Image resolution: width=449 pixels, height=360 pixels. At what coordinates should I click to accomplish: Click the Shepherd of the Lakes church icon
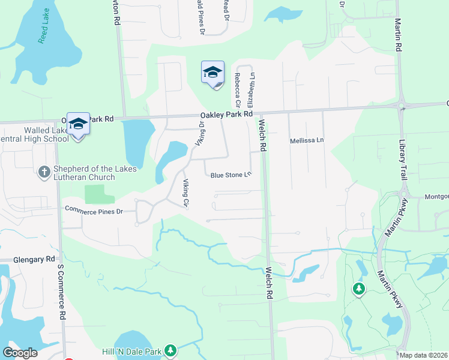43,173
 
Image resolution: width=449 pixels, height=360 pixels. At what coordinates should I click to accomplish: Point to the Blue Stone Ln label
230,175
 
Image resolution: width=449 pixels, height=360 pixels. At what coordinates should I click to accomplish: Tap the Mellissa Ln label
307,140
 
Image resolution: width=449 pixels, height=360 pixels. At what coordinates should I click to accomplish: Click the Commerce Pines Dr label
94,211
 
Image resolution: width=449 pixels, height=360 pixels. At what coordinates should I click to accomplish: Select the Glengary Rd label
34,259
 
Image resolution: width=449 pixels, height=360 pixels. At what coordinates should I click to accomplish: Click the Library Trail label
403,160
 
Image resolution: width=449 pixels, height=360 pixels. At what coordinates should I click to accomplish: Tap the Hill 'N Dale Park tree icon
171,350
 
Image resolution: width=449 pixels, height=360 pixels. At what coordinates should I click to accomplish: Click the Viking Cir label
186,194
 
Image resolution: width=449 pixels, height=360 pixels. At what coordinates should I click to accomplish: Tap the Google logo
20,353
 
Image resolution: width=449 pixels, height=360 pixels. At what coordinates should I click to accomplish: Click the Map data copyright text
423,355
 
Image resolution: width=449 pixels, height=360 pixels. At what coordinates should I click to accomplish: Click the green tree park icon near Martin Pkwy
359,290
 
